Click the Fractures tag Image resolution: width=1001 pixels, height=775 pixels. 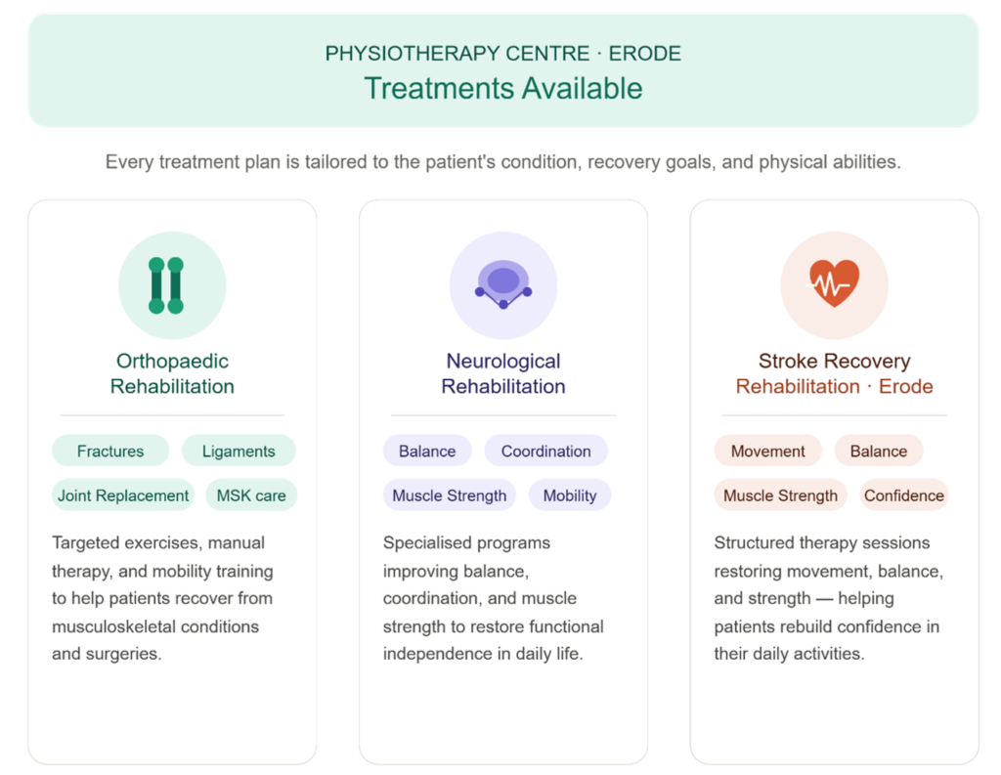[110, 451]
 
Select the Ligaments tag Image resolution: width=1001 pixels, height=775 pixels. [239, 451]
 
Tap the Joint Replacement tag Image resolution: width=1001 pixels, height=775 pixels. [123, 495]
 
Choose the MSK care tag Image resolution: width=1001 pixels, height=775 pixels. [251, 495]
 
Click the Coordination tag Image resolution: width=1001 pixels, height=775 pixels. [545, 451]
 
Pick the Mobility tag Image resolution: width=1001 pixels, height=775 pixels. [570, 495]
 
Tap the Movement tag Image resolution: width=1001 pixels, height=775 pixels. [768, 451]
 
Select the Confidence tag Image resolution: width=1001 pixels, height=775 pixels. [904, 495]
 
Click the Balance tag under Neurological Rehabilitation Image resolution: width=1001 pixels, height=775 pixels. [427, 451]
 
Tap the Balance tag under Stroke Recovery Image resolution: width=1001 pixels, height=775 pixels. [879, 451]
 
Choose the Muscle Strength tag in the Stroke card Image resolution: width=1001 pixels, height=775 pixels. [781, 495]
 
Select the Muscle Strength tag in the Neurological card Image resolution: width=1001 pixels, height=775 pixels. [450, 495]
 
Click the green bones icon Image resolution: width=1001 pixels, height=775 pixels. [166, 285]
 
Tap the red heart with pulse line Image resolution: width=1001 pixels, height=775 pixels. [835, 282]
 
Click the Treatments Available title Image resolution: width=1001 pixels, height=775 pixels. [503, 88]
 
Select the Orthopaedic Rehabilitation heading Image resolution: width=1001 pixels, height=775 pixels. [172, 373]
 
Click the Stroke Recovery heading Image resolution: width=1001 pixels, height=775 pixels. [835, 361]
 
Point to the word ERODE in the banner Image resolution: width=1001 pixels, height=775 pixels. [645, 54]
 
